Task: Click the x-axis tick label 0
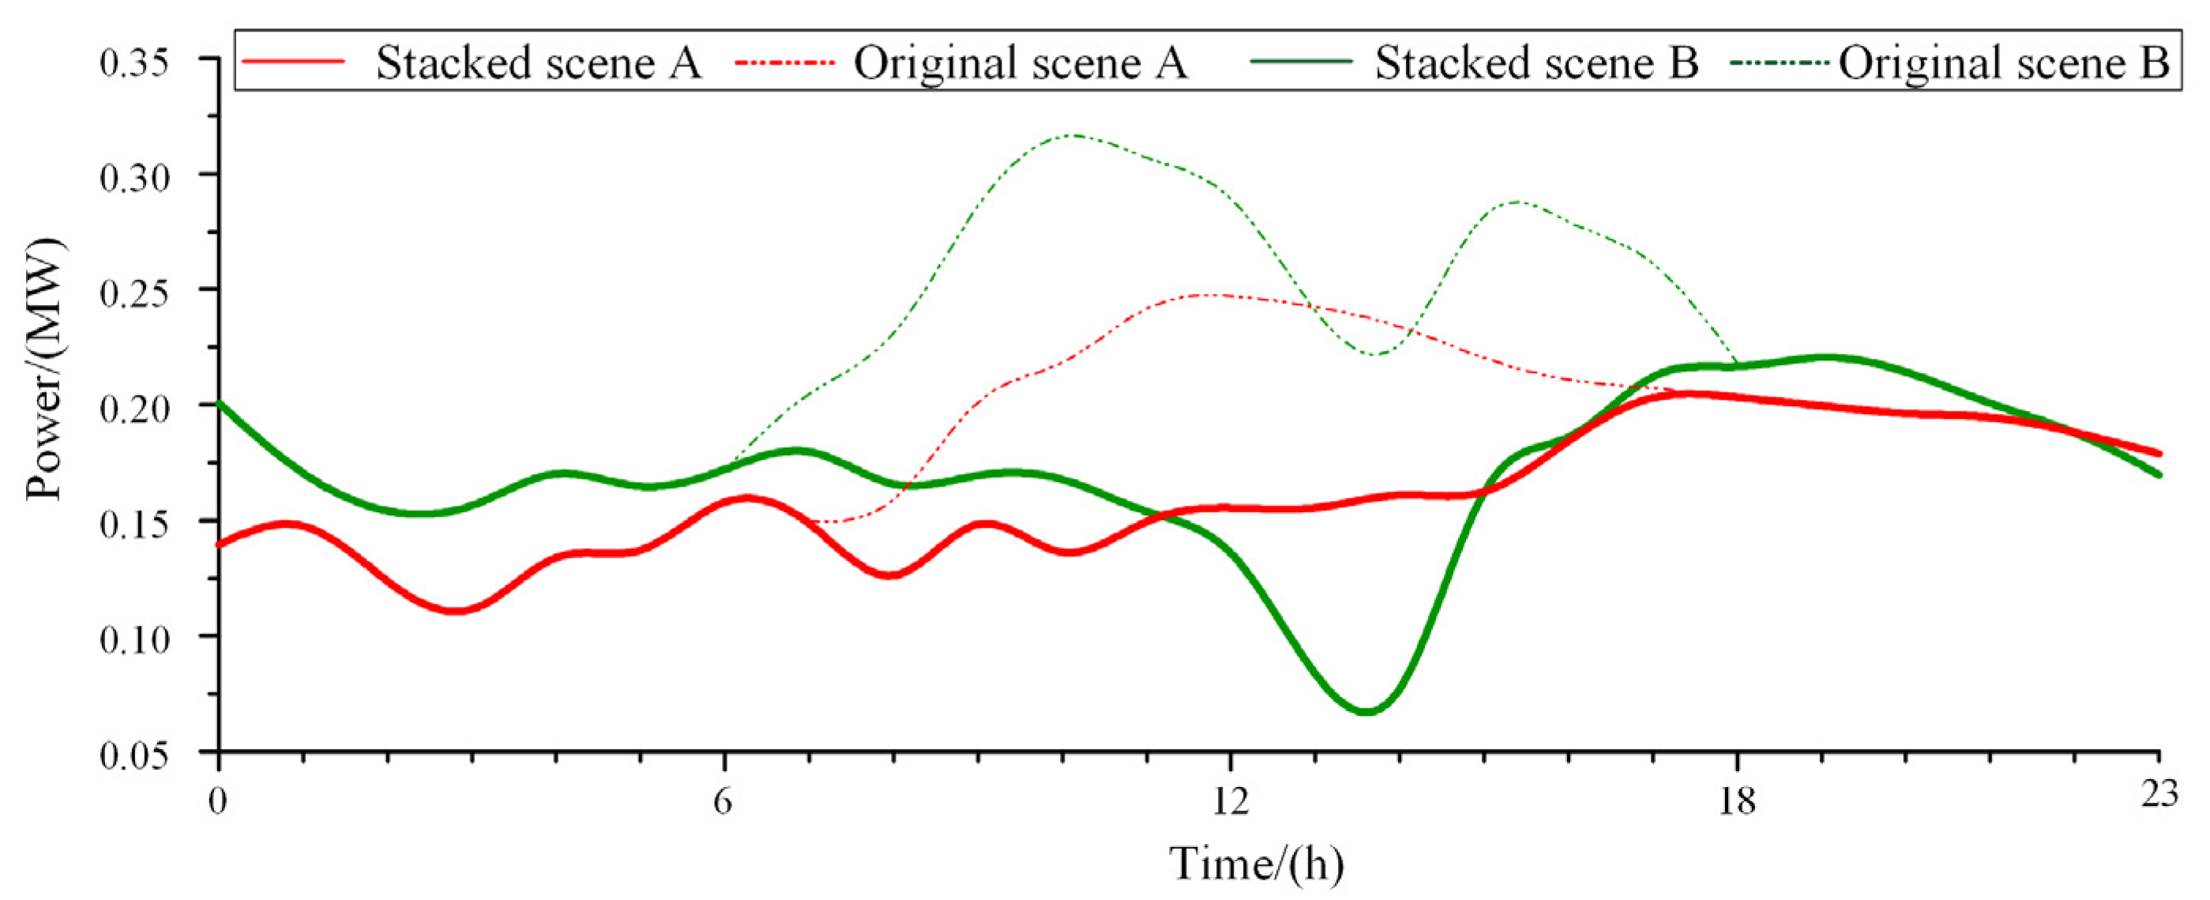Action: coord(219,800)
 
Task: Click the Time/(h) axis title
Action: coord(1257,864)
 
